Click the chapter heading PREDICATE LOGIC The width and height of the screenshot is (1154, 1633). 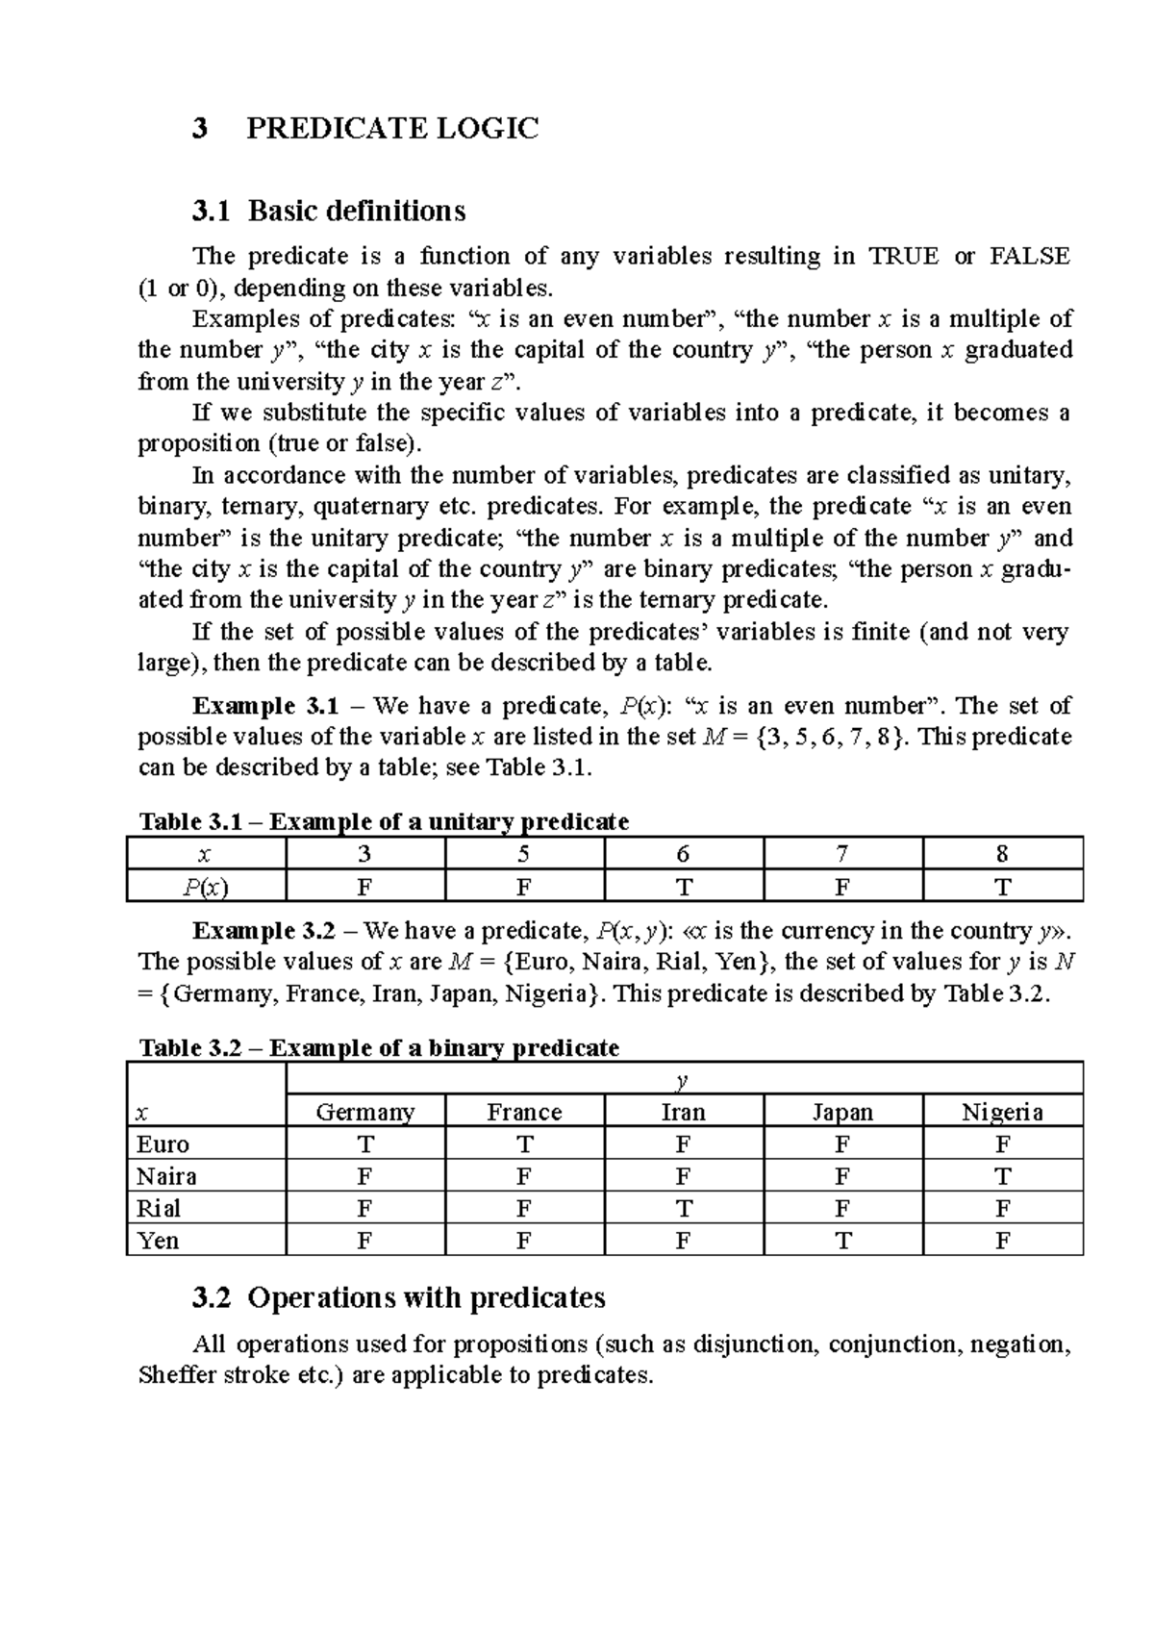click(392, 128)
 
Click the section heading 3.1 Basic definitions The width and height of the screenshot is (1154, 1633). click(329, 210)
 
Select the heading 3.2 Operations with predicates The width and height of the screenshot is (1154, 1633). click(399, 1297)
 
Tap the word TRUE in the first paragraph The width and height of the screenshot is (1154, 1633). click(903, 256)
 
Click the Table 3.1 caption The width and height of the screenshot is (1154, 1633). click(384, 821)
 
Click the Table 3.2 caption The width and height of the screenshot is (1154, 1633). click(379, 1047)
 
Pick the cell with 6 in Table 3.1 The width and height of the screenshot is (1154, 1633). click(683, 854)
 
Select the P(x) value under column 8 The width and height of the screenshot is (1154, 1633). click(1002, 887)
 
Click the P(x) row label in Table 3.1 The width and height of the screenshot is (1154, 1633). click(206, 887)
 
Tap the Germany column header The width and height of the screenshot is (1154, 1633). click(365, 1112)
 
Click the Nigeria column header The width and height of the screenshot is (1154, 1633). click(1002, 1112)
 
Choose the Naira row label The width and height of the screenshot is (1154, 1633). click(166, 1176)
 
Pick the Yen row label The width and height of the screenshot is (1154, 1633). click(158, 1241)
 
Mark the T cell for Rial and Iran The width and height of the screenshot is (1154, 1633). click(683, 1208)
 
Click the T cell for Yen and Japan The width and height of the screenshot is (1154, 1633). click(842, 1241)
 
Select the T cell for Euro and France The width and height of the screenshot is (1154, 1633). click(524, 1143)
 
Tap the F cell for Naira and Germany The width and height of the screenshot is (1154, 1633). click(364, 1176)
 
